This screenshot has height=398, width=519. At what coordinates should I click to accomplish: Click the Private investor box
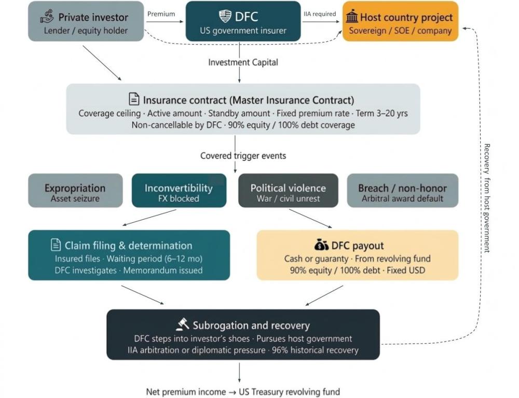(x=86, y=21)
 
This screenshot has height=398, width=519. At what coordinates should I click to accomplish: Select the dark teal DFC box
(x=243, y=21)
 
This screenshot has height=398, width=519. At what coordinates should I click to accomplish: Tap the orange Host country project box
(x=400, y=21)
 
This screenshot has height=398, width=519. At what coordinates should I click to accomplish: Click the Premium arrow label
(x=161, y=14)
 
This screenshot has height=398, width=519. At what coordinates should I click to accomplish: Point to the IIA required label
(x=320, y=14)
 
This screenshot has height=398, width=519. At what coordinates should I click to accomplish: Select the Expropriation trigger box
(x=75, y=191)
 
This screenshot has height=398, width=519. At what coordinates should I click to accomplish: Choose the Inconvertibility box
(x=179, y=191)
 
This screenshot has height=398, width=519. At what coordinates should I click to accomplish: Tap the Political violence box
(x=288, y=191)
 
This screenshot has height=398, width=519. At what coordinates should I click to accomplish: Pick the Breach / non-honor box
(x=402, y=191)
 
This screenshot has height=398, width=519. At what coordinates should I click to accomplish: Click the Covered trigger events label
(x=243, y=155)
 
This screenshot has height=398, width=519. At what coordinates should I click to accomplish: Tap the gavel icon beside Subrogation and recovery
(x=182, y=324)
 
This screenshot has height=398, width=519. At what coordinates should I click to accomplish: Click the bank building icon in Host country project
(x=352, y=18)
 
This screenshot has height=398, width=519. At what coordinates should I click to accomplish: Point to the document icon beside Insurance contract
(x=134, y=99)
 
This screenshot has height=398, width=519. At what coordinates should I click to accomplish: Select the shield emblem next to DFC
(x=225, y=16)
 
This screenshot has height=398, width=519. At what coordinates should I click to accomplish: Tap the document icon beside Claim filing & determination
(x=56, y=245)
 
